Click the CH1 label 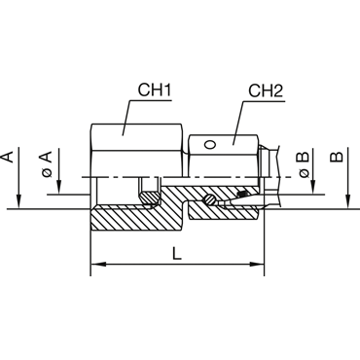click(155, 90)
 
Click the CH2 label click(266, 90)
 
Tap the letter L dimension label click(177, 253)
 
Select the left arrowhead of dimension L click(98, 265)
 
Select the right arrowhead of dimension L click(256, 265)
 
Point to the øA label click(47, 163)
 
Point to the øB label click(304, 164)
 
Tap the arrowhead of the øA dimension click(58, 188)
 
